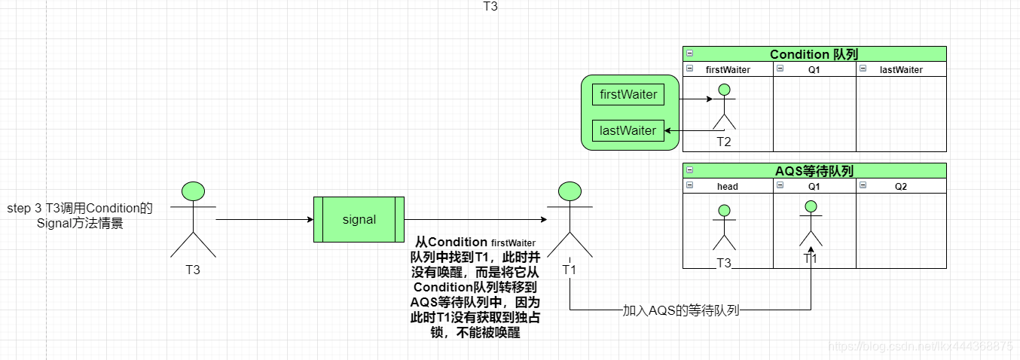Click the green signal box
(x=359, y=219)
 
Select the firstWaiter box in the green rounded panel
(x=628, y=95)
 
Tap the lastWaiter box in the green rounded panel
(x=628, y=131)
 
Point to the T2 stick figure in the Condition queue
(x=724, y=109)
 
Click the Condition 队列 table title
(x=814, y=54)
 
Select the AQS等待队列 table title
(x=814, y=171)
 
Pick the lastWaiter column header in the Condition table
(x=901, y=69)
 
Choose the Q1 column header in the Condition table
(x=814, y=69)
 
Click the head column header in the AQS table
(x=727, y=186)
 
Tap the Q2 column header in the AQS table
(x=901, y=186)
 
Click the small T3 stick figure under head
(x=724, y=230)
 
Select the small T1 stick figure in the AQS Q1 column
(x=811, y=224)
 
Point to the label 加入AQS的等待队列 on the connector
(x=680, y=310)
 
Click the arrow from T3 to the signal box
(x=264, y=220)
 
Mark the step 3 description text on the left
(x=79, y=215)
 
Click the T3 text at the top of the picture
(x=490, y=6)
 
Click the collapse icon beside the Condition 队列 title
(x=689, y=54)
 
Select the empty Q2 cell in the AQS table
(x=901, y=230)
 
